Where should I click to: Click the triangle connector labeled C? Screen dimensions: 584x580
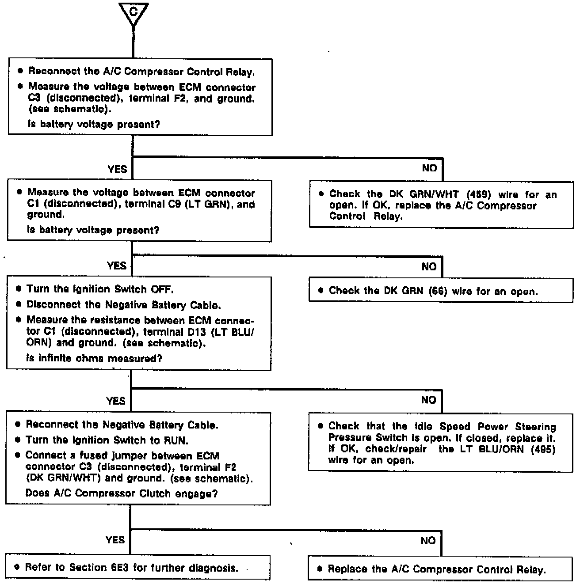133,13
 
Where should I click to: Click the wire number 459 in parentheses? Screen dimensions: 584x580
479,195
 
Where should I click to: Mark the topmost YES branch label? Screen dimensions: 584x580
117,169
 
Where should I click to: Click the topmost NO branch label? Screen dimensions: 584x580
429,168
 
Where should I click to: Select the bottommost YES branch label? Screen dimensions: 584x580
115,540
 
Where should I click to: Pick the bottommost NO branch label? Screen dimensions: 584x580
427,541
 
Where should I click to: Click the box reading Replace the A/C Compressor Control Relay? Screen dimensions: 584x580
440,569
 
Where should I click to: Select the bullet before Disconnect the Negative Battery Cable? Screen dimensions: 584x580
19,305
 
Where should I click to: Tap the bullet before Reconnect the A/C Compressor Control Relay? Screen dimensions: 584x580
20,71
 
